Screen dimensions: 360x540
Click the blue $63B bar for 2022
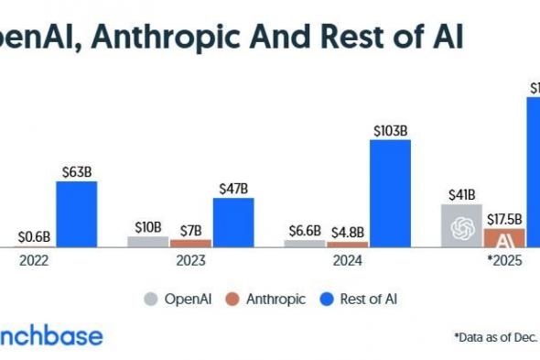pos(76,213)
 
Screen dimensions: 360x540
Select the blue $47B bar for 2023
pos(232,222)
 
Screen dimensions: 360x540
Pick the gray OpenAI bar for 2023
pos(147,242)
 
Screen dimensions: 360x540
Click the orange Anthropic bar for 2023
pos(190,244)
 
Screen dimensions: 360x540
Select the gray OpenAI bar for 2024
pos(304,244)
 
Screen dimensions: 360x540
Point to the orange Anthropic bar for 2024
pos(348,245)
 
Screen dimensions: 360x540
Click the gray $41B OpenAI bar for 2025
pos(461,225)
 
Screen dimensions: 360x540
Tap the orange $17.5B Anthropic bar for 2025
pos(504,238)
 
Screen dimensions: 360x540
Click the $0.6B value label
pos(34,237)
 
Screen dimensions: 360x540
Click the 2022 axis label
pos(36,260)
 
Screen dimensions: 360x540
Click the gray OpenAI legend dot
pos(151,298)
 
